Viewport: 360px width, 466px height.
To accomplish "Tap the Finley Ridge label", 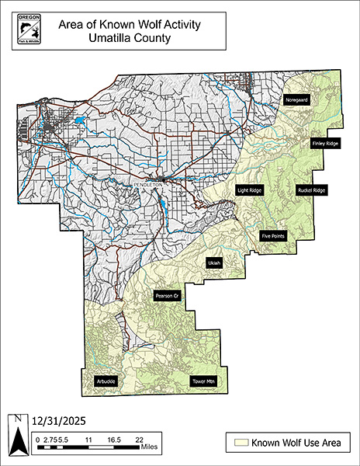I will tap(325, 144).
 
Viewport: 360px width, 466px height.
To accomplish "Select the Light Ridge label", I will tap(248, 190).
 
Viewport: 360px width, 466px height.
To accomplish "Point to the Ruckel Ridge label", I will tap(311, 190).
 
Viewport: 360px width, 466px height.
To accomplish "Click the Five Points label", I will tap(273, 235).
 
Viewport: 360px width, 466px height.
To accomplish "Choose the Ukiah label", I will tap(214, 264).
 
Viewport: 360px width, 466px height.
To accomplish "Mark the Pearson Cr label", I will tap(167, 296).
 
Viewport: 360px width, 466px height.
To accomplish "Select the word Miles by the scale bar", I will tap(151, 447).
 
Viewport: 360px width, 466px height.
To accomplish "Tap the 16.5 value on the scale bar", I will tap(115, 440).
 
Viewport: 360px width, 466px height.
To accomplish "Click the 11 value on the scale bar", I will tap(88, 440).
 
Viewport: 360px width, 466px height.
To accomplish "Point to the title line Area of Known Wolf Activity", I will tap(130, 24).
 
